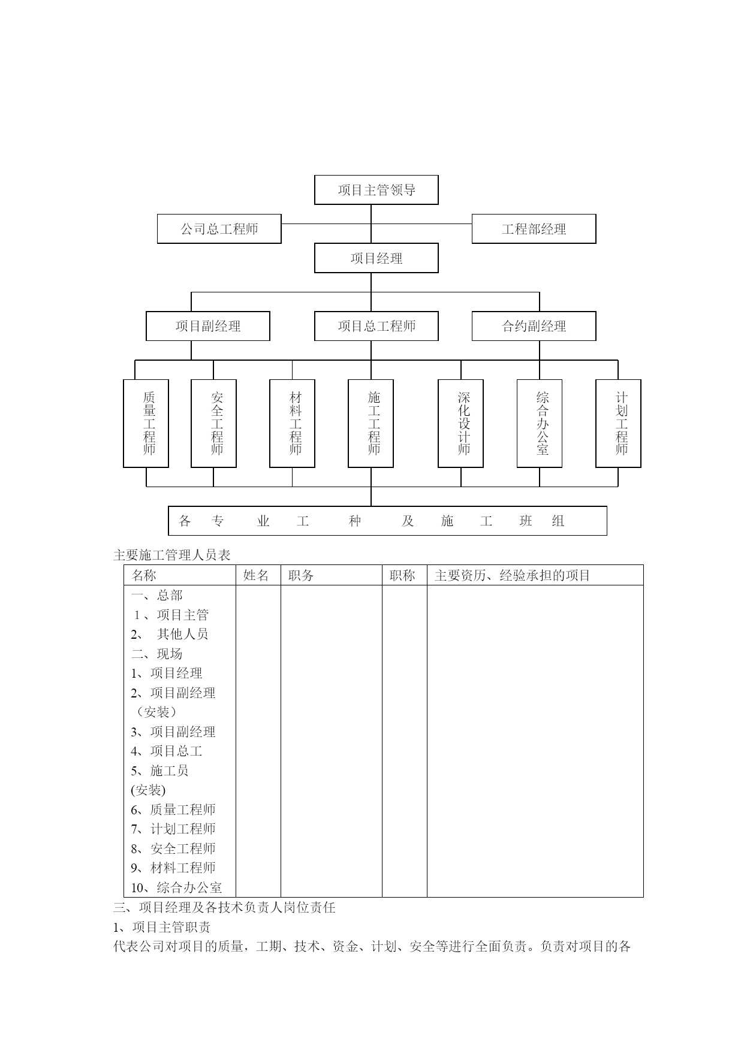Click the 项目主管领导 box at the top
click(x=376, y=190)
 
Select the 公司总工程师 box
click(x=219, y=229)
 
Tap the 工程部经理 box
click(x=534, y=229)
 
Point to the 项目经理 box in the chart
click(x=376, y=258)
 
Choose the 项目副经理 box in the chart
click(x=208, y=326)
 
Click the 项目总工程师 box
click(x=376, y=326)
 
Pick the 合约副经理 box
click(x=534, y=326)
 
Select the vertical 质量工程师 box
click(x=146, y=423)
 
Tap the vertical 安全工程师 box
click(x=213, y=423)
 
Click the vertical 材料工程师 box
click(x=293, y=423)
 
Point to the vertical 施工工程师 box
click(x=371, y=423)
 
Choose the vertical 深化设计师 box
click(x=461, y=423)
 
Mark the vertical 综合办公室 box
click(x=540, y=423)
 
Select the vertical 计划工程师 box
click(x=619, y=423)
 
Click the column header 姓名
click(x=256, y=575)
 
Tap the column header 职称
click(x=402, y=575)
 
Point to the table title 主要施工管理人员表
click(x=172, y=555)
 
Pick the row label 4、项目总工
click(x=167, y=751)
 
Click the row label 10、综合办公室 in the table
click(x=176, y=887)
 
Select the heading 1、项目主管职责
click(x=162, y=928)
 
